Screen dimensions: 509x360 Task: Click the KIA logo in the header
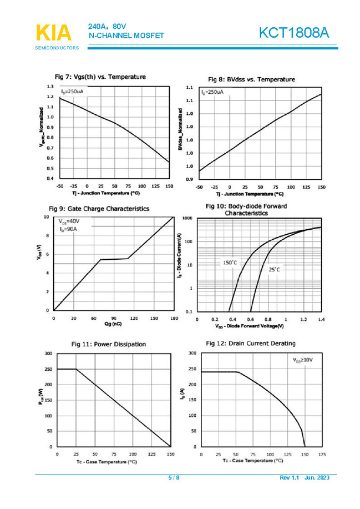[53, 32]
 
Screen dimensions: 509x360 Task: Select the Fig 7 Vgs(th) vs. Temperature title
[100, 77]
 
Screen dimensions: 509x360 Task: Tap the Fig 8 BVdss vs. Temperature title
[251, 79]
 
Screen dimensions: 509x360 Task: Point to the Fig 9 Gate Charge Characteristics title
[99, 209]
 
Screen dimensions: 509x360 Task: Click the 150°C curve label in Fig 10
[230, 262]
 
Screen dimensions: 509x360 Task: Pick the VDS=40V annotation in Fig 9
[69, 221]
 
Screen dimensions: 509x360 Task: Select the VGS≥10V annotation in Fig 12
[303, 360]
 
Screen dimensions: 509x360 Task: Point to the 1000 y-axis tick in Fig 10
[187, 219]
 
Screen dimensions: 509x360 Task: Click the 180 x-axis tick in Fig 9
[174, 319]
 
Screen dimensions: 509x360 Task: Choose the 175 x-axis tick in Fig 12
[322, 454]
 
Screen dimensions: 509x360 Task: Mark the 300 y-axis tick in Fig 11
[48, 354]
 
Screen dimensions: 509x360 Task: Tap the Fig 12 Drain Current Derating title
[251, 344]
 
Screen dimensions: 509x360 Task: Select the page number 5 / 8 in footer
[174, 478]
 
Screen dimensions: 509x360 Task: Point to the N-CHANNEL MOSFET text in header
[126, 36]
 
